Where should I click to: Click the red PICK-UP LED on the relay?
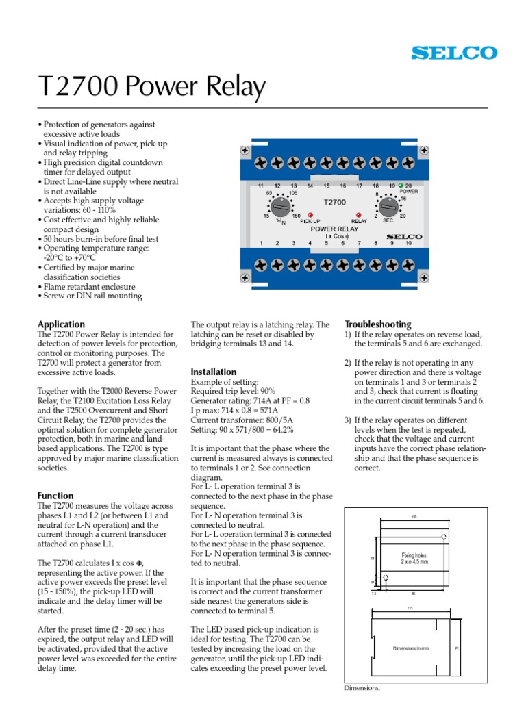point(310,214)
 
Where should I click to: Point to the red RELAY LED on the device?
point(359,214)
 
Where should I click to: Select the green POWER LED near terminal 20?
point(400,185)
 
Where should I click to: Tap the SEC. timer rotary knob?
point(388,205)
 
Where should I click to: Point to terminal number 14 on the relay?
point(310,186)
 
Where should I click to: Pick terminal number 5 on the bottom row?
point(326,243)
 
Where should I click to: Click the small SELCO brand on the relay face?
point(404,236)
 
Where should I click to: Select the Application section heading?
point(61,324)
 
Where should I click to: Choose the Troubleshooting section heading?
point(377,324)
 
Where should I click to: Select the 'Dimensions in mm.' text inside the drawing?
point(412,648)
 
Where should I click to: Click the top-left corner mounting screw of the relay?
point(245,150)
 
